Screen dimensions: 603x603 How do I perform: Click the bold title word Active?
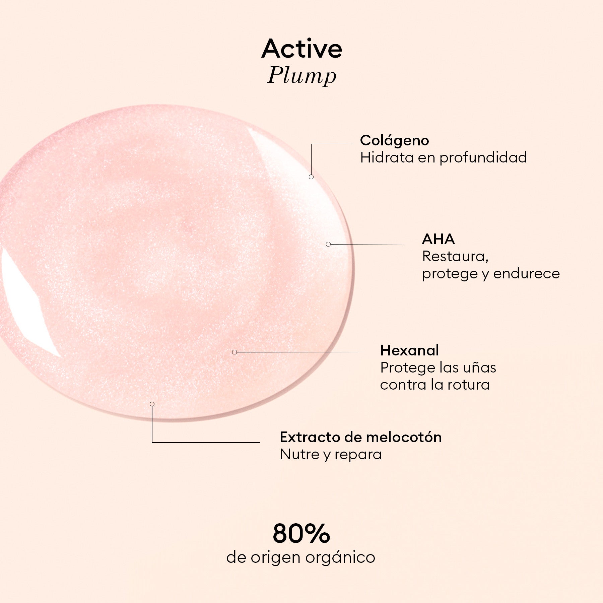tap(302, 49)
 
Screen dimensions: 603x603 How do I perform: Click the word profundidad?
tap(483, 158)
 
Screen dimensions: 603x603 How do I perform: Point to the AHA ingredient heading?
tap(438, 239)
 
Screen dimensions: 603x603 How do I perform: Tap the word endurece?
tap(526, 274)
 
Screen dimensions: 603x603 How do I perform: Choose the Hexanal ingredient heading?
tap(409, 350)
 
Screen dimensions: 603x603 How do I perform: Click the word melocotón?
tap(404, 437)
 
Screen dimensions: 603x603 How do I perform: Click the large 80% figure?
tap(301, 533)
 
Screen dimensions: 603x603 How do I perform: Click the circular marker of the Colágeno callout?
tap(311, 177)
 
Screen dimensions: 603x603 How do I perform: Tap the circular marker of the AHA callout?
tap(328, 244)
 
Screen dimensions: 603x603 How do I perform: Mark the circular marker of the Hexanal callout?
tap(234, 352)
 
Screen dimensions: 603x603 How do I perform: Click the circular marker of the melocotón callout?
tap(152, 404)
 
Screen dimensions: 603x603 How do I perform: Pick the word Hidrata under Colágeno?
tap(387, 157)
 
